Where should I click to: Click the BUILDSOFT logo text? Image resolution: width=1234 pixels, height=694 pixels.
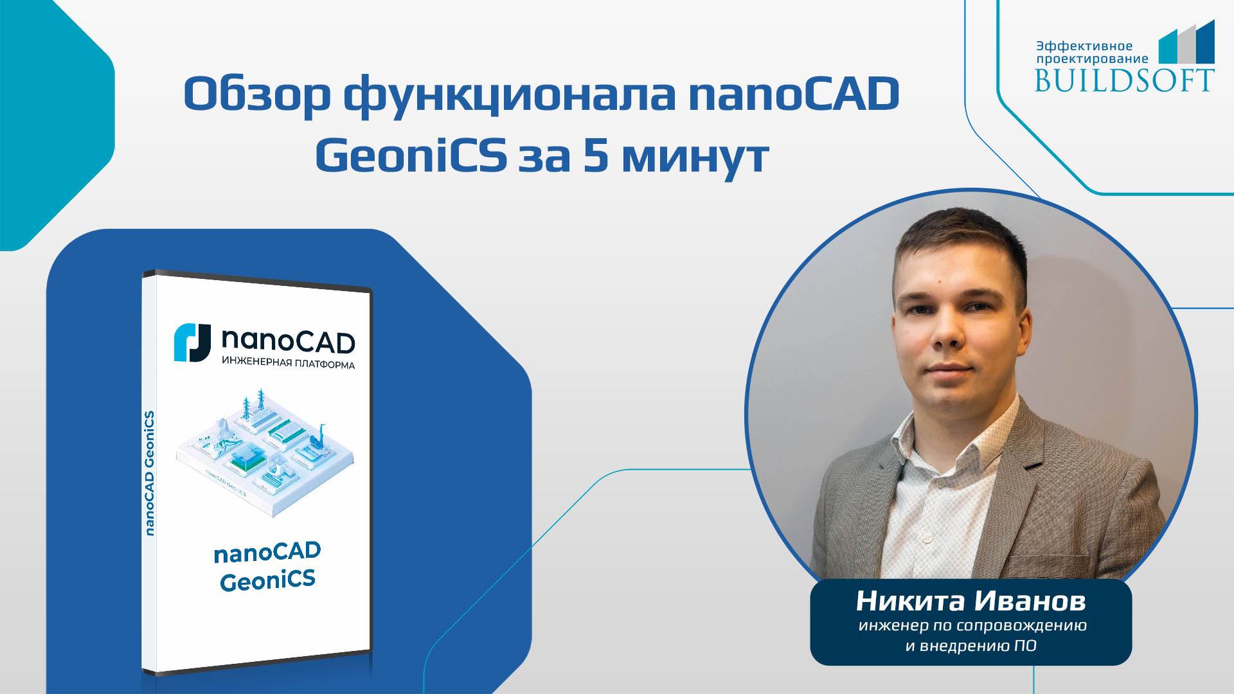[1124, 79]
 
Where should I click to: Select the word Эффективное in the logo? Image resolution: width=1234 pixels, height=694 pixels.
[1084, 46]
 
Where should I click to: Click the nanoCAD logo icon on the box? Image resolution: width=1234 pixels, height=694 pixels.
[192, 343]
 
